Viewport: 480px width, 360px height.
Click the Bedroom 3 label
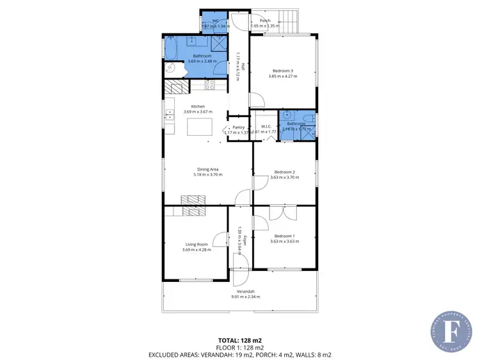(x=282, y=70)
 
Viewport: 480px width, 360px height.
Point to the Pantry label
(x=238, y=127)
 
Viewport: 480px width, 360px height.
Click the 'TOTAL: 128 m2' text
(x=239, y=340)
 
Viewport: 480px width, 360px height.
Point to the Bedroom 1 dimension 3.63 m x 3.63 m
(x=284, y=241)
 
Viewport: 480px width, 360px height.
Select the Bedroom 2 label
(x=284, y=172)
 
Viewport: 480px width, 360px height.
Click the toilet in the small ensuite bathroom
(x=308, y=117)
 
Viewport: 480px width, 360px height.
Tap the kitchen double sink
(x=170, y=115)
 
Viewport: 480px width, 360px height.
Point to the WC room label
(x=216, y=20)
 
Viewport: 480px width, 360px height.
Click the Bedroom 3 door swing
(x=256, y=100)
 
